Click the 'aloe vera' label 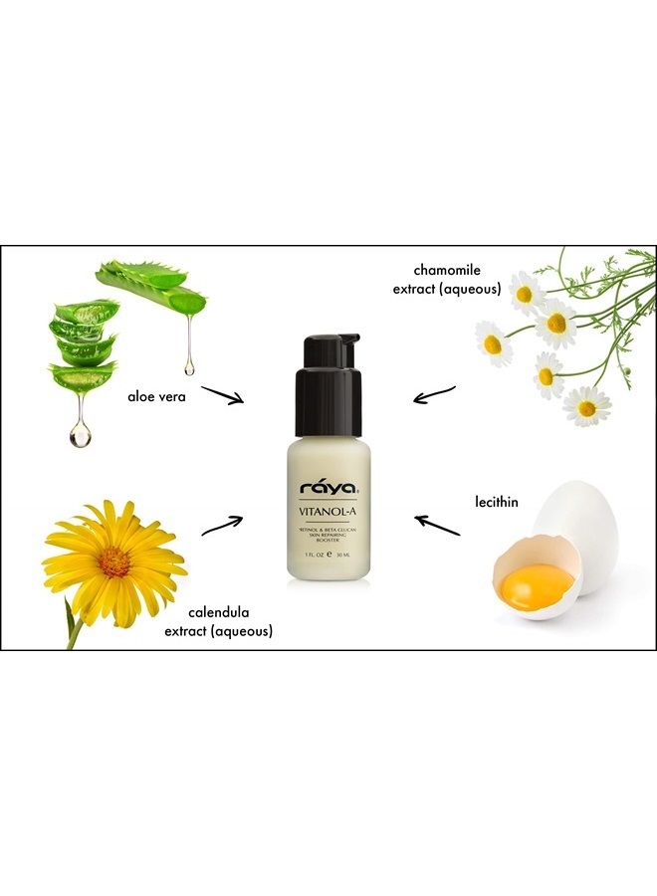point(158,396)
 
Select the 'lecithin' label point(497,502)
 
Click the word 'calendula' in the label point(220,612)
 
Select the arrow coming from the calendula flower point(223,525)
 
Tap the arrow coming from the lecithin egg point(437,525)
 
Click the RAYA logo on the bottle point(328,488)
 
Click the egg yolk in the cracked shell point(537,580)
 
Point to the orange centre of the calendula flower point(113,561)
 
